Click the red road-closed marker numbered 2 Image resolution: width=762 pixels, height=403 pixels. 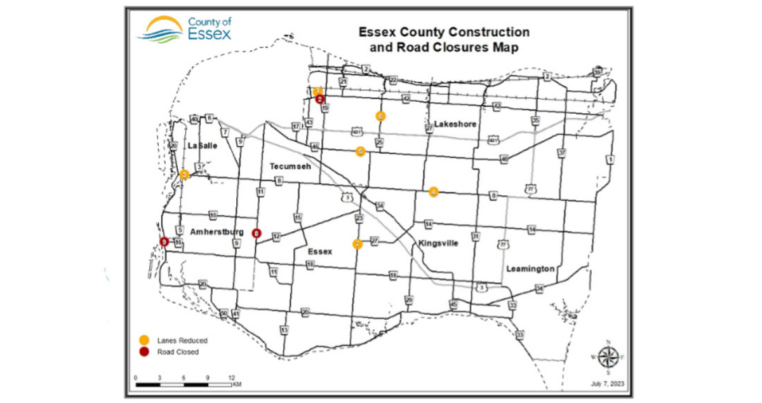[x=320, y=99]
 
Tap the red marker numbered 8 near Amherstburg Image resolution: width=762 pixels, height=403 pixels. [x=257, y=233]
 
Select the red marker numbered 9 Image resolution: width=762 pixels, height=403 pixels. [x=164, y=242]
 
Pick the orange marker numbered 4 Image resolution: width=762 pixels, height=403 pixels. [x=434, y=192]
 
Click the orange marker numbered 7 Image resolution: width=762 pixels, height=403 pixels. [x=358, y=243]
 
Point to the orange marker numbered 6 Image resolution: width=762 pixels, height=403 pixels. [x=380, y=116]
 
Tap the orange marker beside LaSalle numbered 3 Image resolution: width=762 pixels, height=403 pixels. [x=184, y=175]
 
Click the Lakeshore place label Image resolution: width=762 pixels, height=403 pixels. [x=455, y=125]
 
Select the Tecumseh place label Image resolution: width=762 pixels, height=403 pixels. [x=290, y=166]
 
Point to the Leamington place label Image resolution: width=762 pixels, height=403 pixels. [x=530, y=269]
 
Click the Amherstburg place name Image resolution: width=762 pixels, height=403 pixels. [x=217, y=232]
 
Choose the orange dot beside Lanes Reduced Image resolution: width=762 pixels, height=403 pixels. [x=145, y=340]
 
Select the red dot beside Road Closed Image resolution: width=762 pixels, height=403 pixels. [x=145, y=352]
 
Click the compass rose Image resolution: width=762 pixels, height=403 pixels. [x=608, y=357]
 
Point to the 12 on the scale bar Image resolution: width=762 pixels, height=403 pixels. [x=232, y=378]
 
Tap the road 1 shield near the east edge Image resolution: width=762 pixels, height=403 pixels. [x=610, y=159]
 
